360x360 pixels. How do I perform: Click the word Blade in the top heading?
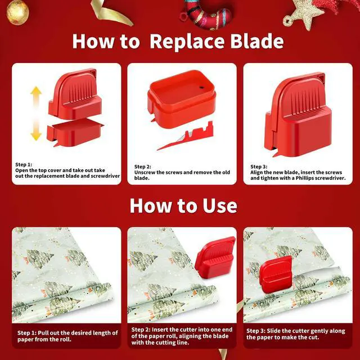pyautogui.click(x=257, y=41)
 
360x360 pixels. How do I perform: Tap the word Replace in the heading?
pyautogui.click(x=187, y=42)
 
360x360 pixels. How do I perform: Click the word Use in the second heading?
pyautogui.click(x=220, y=206)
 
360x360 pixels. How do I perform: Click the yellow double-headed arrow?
pyautogui.click(x=36, y=114)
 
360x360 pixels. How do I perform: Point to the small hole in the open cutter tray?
pyautogui.click(x=201, y=88)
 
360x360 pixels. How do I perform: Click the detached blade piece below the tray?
pyautogui.click(x=186, y=137)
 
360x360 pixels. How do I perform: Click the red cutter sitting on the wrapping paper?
pyautogui.click(x=276, y=275)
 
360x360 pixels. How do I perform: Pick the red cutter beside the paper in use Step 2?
pyautogui.click(x=215, y=258)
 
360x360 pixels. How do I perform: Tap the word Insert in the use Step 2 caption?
pyautogui.click(x=160, y=330)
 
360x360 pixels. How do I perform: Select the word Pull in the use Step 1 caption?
pyautogui.click(x=43, y=333)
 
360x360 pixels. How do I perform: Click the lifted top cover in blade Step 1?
pyautogui.click(x=75, y=94)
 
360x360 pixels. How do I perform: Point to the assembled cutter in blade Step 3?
pyautogui.click(x=298, y=114)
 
